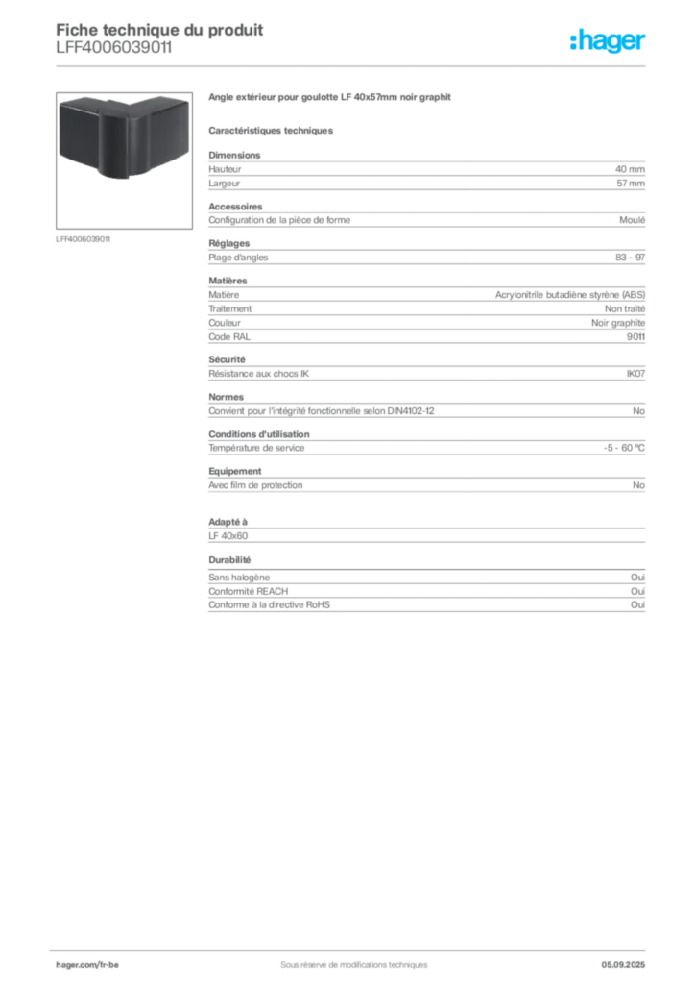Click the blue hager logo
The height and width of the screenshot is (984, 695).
609,41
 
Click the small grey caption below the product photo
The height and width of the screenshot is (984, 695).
84,238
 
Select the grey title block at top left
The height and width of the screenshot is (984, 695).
158,38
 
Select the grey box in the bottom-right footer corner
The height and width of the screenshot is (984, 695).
629,959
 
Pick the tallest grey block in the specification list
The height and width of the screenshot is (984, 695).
425,307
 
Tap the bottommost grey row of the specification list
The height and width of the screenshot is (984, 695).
425,603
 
